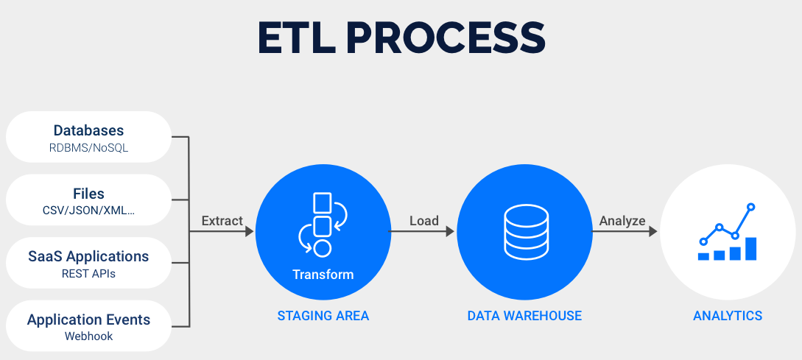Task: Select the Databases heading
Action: [88, 130]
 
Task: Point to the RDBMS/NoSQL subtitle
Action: [88, 147]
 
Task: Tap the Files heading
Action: [88, 194]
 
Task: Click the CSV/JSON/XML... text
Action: [88, 211]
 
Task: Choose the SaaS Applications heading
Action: [88, 256]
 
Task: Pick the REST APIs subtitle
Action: [88, 274]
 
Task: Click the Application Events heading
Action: [88, 320]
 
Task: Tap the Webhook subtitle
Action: [88, 336]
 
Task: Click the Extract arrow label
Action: [222, 220]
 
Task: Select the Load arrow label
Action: [423, 220]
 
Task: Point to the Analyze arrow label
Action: [622, 220]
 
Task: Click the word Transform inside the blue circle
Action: [323, 275]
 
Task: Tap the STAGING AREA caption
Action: [323, 316]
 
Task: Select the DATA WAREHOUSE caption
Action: [524, 316]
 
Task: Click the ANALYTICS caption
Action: [728, 316]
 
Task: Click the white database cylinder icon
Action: [525, 230]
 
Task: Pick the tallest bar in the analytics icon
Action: [750, 248]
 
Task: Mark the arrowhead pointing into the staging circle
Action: [249, 231]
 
